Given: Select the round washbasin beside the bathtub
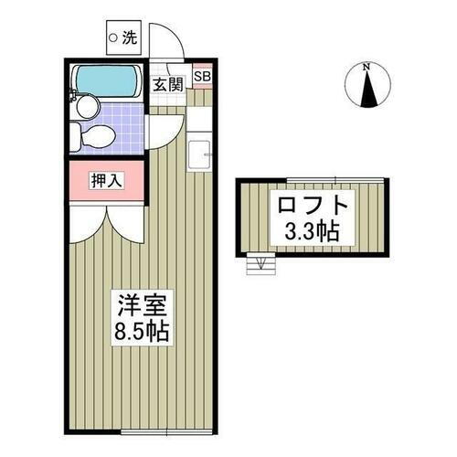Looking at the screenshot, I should point(87,108).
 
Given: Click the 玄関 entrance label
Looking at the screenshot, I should point(167,84).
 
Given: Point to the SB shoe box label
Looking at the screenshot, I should point(202,77).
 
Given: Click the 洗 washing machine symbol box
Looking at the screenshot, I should point(124,38).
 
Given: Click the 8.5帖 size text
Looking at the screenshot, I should point(142,329).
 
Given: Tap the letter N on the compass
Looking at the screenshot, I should point(366,67).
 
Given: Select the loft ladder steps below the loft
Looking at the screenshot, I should point(261,265).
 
